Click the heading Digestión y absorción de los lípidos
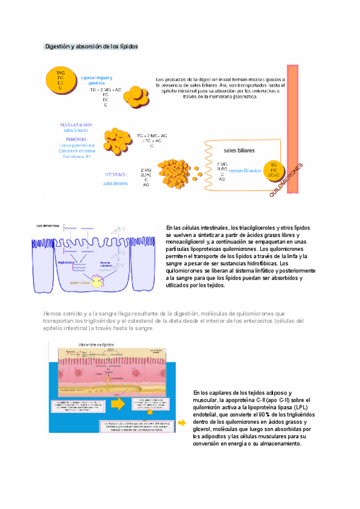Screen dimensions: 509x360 [92, 46]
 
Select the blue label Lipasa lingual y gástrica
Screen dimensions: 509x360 [97, 80]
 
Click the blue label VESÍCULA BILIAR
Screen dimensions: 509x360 [76, 124]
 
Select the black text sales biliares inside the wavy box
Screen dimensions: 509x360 [238, 149]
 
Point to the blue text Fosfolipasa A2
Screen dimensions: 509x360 [75, 155]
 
